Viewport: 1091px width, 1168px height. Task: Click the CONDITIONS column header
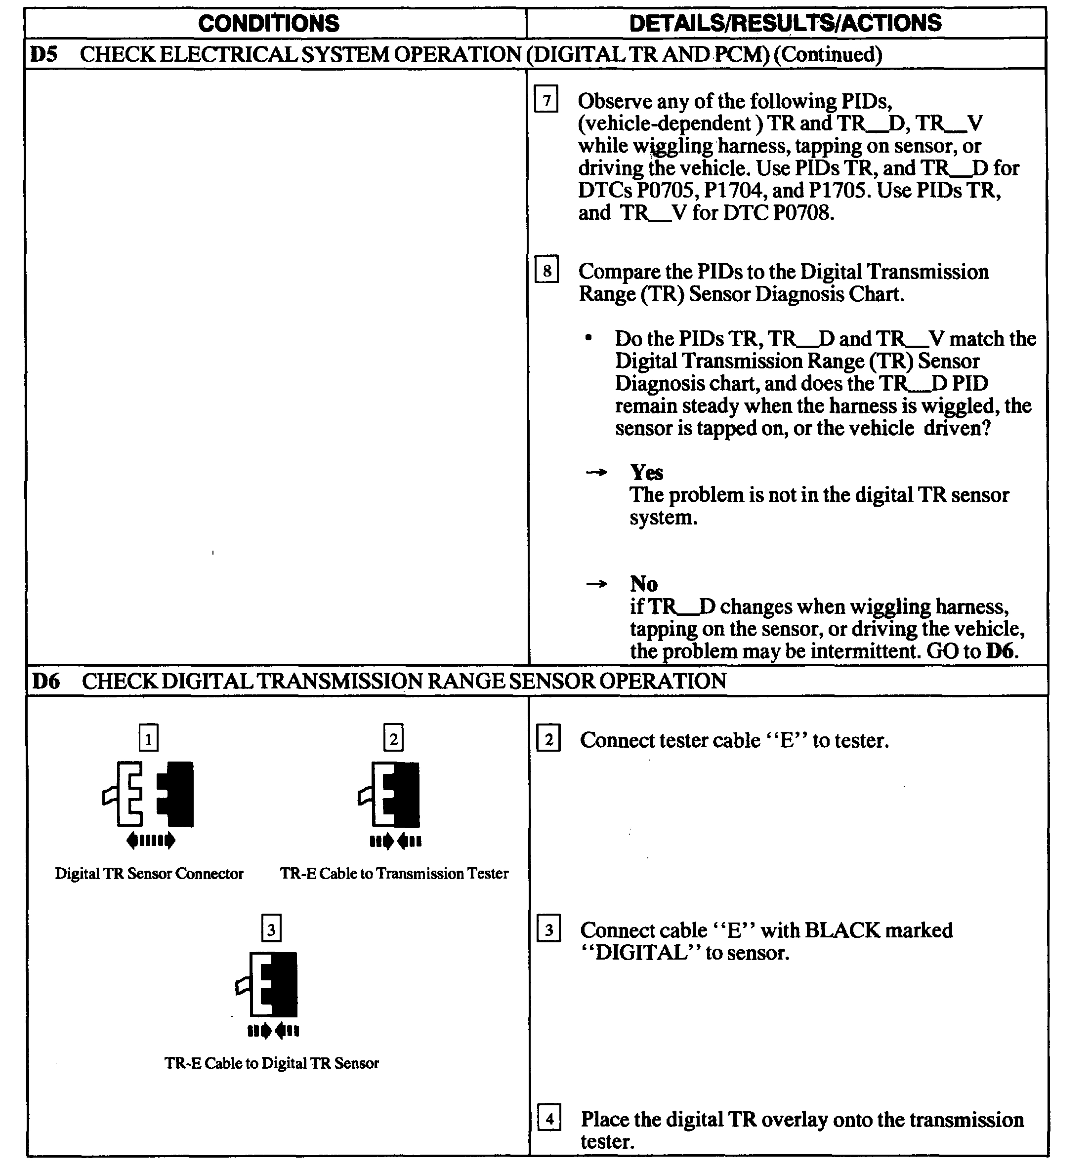(269, 24)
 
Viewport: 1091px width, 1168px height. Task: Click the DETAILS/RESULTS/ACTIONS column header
(785, 24)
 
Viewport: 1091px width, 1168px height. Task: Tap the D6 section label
(46, 682)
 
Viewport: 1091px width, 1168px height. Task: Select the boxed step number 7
(546, 100)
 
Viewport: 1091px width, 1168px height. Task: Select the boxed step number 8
(546, 271)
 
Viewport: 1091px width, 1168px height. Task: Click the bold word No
(644, 584)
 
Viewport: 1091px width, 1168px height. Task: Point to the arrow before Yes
(596, 472)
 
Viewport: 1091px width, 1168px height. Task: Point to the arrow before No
(596, 584)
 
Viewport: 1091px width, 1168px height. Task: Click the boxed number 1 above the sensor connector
(148, 738)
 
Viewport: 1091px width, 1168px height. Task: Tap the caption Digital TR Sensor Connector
(149, 874)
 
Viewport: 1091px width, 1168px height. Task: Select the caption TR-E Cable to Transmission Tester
(394, 874)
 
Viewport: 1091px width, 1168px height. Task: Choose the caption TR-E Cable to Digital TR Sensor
(272, 1063)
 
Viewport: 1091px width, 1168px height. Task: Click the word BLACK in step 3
(842, 930)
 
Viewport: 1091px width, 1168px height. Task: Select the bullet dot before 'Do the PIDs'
(588, 338)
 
